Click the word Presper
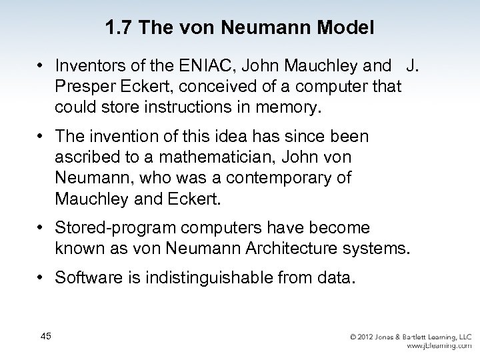(x=82, y=86)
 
